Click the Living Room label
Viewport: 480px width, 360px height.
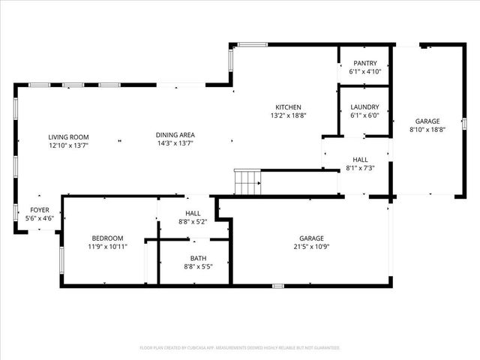(x=69, y=136)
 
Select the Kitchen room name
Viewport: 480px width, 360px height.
(x=288, y=106)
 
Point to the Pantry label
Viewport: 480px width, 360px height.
(x=365, y=64)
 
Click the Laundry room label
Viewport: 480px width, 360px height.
(x=365, y=107)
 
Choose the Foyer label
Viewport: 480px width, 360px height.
(x=40, y=209)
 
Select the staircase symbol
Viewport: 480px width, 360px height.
(x=247, y=181)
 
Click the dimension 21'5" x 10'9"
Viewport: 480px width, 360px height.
(x=312, y=247)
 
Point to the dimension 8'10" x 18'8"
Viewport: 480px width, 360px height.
(x=427, y=129)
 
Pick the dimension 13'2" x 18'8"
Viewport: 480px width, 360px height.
(x=288, y=115)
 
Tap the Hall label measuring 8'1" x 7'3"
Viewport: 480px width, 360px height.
(x=361, y=160)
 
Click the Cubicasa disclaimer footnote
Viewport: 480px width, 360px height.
(x=240, y=348)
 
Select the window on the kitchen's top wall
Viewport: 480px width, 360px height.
(x=253, y=44)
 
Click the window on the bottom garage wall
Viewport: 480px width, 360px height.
(x=277, y=285)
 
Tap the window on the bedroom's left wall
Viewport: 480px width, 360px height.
(x=61, y=259)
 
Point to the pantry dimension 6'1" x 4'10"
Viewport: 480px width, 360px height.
(x=365, y=72)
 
